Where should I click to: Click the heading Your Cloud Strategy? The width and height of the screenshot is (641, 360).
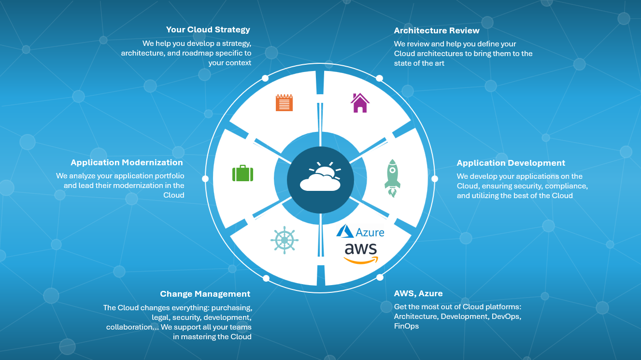(x=208, y=30)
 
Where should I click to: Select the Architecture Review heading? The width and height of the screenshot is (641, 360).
(x=437, y=31)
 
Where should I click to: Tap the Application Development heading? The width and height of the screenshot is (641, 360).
(x=511, y=163)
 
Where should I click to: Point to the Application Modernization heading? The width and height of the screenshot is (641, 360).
(x=127, y=163)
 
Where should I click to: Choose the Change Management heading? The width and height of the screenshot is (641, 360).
(x=205, y=294)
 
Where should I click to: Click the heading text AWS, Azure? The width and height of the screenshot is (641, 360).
(x=418, y=294)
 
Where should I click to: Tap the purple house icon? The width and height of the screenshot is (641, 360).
(x=360, y=103)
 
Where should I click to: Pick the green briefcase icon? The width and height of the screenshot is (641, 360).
(x=242, y=173)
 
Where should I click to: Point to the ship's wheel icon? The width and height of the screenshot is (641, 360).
(x=285, y=240)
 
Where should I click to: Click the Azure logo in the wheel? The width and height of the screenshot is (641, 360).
(x=360, y=231)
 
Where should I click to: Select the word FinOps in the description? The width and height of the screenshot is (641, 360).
(x=406, y=326)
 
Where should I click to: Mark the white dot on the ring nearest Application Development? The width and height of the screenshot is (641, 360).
(x=435, y=179)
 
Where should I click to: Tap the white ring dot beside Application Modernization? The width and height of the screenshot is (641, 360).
(x=205, y=179)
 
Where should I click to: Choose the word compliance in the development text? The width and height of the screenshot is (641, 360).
(x=568, y=186)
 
